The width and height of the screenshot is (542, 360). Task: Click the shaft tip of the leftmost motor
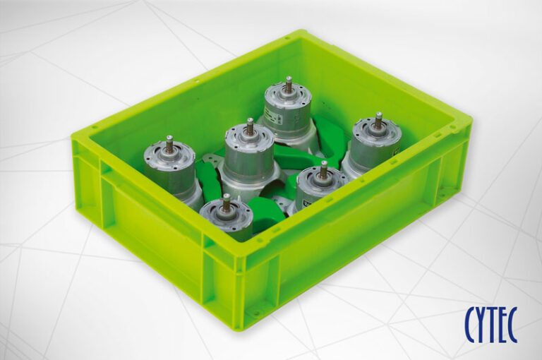(x=169, y=138)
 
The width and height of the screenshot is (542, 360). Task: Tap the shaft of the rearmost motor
(x=289, y=85)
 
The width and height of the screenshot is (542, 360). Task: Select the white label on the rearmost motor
(x=271, y=116)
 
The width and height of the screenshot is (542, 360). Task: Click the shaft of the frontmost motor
(x=227, y=203)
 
